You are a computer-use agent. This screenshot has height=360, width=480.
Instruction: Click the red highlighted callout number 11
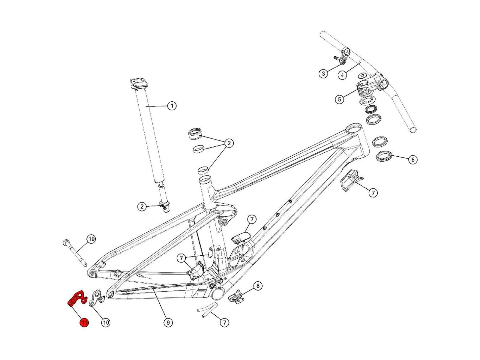click(x=84, y=323)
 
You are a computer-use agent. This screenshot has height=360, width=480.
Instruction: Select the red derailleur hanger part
click(x=76, y=299)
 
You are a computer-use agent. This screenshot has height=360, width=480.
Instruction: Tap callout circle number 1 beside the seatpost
click(x=172, y=106)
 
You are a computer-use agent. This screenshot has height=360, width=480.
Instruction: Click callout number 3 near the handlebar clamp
click(x=323, y=73)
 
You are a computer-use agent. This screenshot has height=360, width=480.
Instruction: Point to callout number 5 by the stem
click(x=339, y=99)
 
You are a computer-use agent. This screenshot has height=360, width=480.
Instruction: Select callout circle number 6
click(x=413, y=160)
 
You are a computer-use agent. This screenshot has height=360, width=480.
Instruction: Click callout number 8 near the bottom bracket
click(x=258, y=286)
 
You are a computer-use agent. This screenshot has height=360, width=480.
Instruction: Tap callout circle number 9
click(x=168, y=323)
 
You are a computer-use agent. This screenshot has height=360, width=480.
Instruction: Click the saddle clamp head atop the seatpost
click(x=139, y=83)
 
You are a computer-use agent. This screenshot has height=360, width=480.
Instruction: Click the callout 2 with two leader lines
click(x=229, y=143)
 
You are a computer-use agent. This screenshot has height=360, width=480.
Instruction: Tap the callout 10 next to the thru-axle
click(x=91, y=239)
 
